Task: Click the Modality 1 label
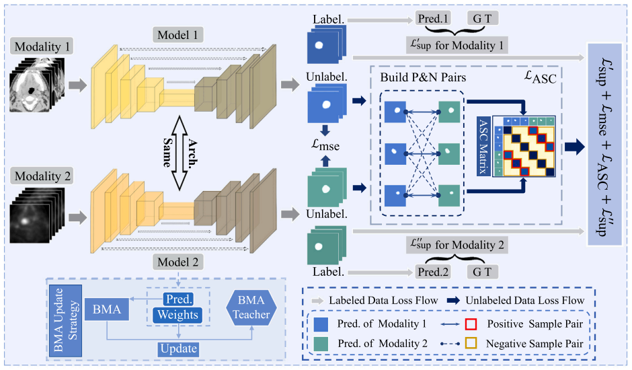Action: coord(42,46)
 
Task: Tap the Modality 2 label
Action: coord(42,176)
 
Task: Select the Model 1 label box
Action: coord(177,35)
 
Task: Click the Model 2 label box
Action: coord(177,262)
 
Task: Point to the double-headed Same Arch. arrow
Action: coord(180,153)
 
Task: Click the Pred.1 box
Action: coord(433,18)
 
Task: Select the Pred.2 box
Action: coord(433,272)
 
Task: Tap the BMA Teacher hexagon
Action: coord(251,307)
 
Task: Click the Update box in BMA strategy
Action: coord(179,348)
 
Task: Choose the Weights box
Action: coord(177,315)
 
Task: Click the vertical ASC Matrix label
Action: coord(483,146)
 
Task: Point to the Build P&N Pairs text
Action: coord(423,77)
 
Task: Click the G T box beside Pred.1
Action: coord(483,18)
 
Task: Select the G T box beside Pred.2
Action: coord(483,272)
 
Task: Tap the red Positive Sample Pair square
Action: coord(471,324)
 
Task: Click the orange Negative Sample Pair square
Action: coord(471,343)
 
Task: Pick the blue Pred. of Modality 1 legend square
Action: coord(321,324)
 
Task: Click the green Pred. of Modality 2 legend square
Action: coord(321,344)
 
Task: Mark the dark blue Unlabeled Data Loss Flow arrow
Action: coord(453,300)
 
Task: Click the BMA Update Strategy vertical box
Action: coord(65,321)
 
